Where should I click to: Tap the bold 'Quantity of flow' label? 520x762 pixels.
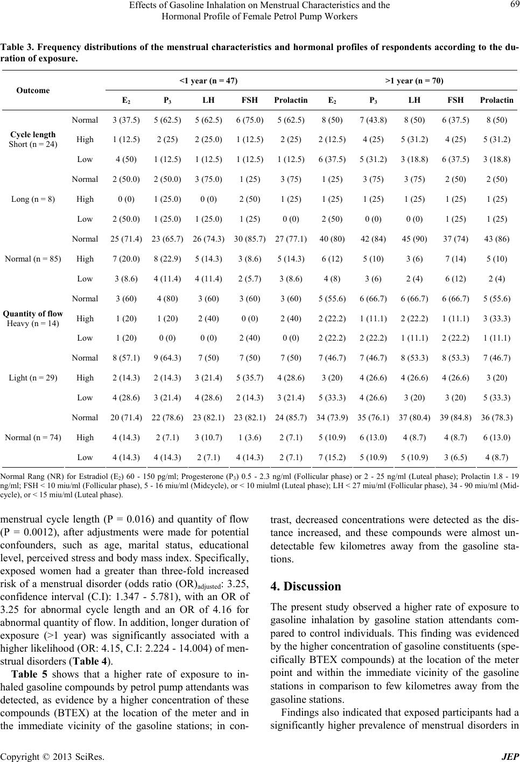[33, 314]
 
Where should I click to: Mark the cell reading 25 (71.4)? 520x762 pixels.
[125, 239]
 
